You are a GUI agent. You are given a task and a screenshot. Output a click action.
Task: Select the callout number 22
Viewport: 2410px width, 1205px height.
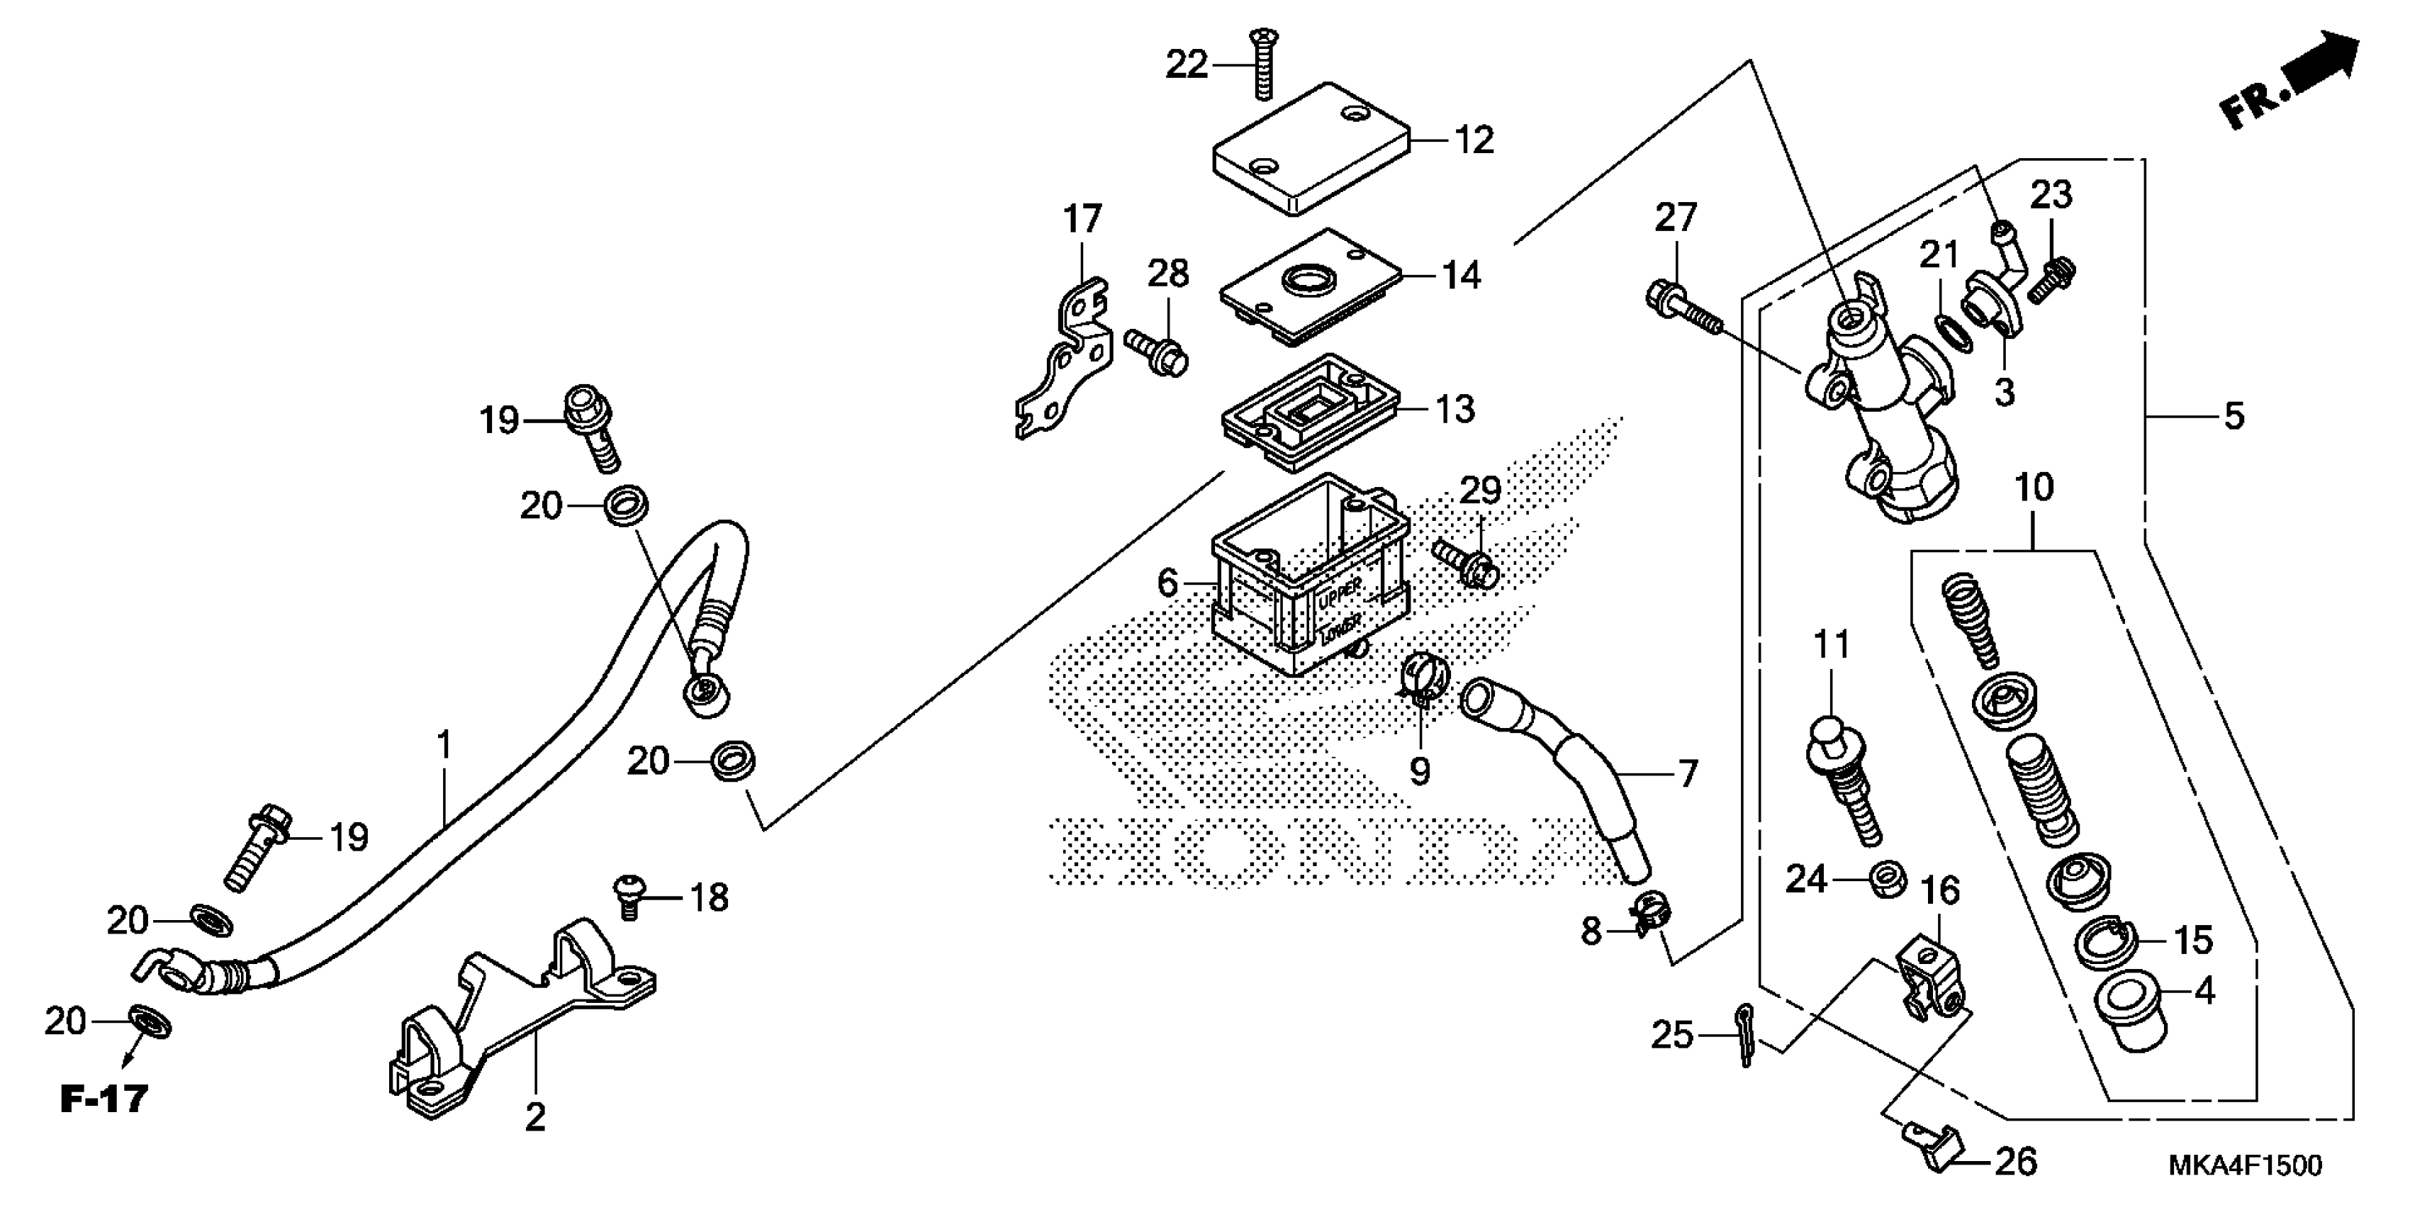point(1187,65)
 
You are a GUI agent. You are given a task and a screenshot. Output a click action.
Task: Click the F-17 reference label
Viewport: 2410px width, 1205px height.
point(104,1099)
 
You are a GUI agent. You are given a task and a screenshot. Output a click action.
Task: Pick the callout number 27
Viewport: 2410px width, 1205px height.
point(1675,218)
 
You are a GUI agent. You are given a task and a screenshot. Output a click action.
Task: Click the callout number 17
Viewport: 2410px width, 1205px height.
point(1082,220)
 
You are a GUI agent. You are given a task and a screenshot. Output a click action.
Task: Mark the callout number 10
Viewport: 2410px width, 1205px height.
point(2034,488)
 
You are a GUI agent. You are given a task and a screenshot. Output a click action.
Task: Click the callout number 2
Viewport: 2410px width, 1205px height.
point(534,1116)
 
